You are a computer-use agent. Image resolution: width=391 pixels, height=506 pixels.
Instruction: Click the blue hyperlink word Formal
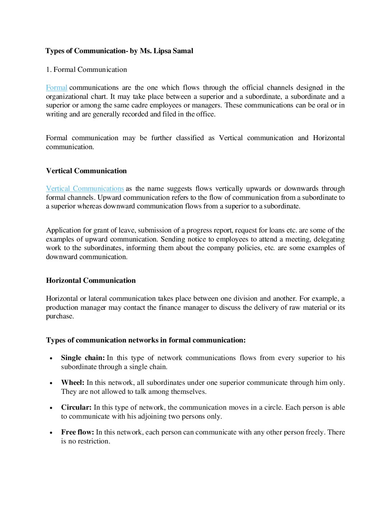[56, 88]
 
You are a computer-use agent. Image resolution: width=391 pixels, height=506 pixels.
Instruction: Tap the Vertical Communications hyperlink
[85, 189]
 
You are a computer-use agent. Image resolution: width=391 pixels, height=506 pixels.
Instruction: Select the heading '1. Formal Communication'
[86, 70]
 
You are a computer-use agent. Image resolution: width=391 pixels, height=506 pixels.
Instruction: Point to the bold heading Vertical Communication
[86, 171]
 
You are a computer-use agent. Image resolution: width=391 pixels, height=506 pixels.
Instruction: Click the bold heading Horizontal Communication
[91, 281]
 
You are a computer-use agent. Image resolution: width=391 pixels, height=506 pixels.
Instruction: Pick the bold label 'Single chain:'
[83, 358]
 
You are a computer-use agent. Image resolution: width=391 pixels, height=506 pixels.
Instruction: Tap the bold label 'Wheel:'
[73, 383]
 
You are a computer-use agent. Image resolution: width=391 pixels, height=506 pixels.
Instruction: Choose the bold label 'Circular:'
[76, 408]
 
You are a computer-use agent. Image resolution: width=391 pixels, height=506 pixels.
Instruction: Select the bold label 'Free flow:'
[77, 432]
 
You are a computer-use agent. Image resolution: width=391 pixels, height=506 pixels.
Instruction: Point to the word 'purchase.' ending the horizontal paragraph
[60, 317]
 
